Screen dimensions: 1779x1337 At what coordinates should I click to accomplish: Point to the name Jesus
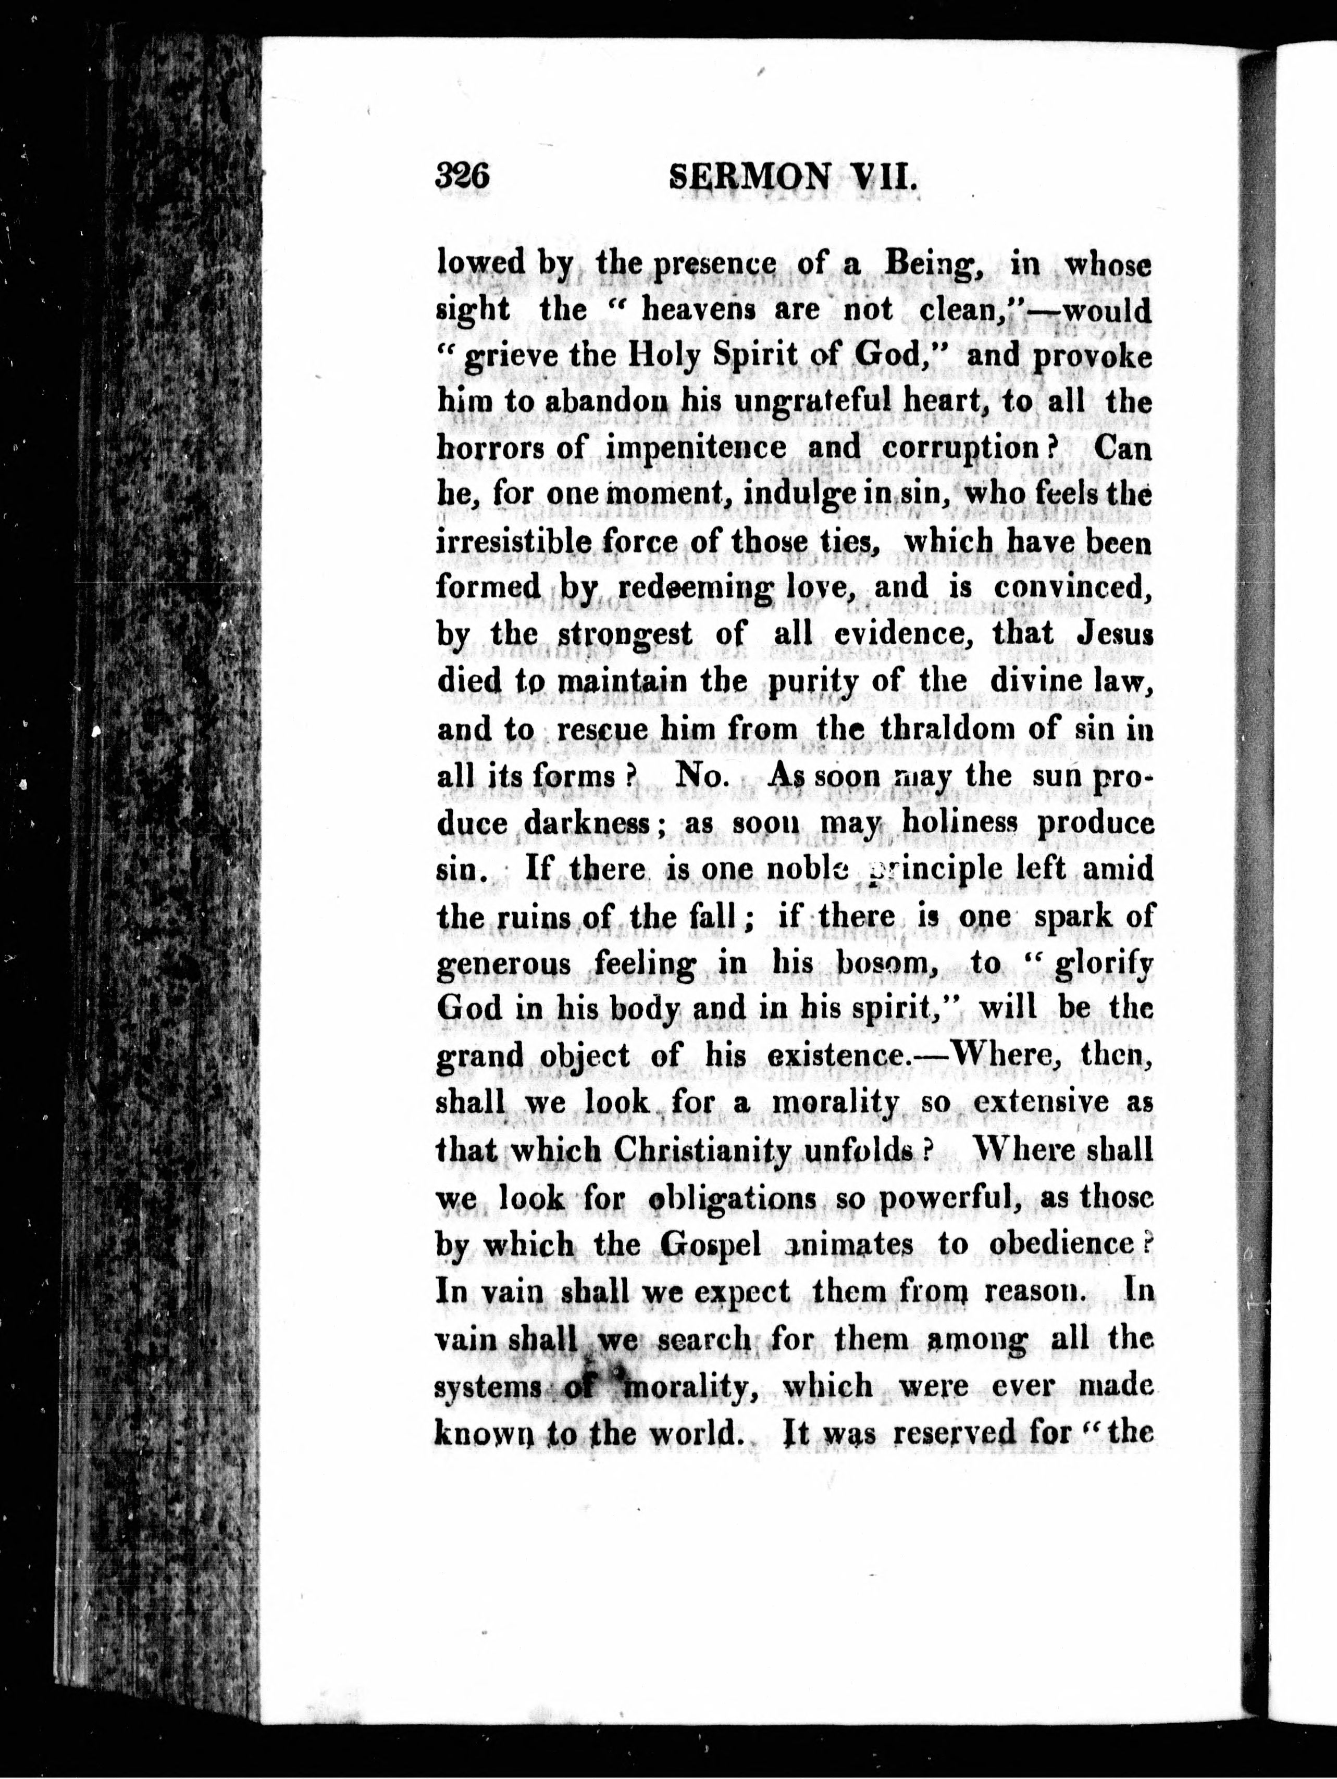click(x=1113, y=634)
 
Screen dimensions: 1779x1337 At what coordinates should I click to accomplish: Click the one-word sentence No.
click(x=703, y=775)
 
